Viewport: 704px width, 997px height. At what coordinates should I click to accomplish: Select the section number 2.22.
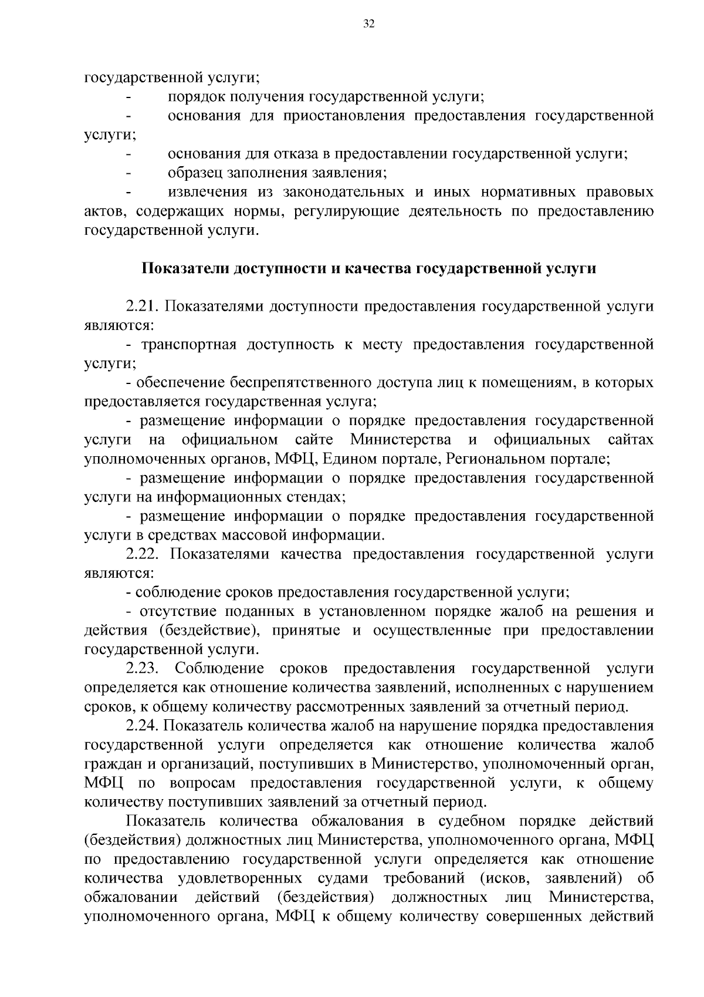(x=143, y=554)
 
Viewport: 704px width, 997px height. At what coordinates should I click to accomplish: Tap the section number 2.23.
(x=143, y=669)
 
